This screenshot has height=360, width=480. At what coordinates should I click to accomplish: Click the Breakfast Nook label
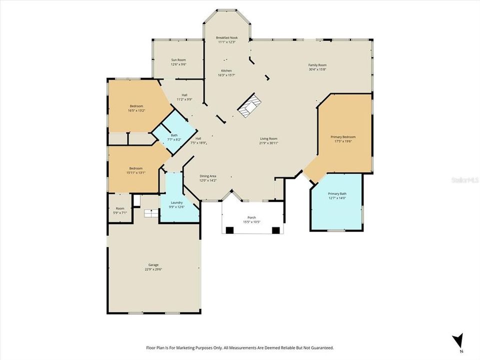point(226,37)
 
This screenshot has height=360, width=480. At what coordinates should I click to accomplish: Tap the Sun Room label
point(178,60)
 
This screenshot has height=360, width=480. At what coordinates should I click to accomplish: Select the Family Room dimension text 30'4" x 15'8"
point(317,69)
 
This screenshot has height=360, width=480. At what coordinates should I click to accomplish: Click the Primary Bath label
point(336,193)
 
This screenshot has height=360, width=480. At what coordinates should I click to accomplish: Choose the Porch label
point(251,217)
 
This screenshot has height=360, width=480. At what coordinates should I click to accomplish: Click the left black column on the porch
point(229,230)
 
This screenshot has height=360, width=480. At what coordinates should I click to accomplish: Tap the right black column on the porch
point(275,230)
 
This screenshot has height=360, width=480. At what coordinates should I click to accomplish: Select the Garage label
point(153,265)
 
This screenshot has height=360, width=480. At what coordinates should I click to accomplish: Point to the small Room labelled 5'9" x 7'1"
point(120,208)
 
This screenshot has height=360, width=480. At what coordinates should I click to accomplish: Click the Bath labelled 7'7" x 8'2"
point(174,135)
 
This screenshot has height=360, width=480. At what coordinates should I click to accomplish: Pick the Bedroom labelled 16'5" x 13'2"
point(136,106)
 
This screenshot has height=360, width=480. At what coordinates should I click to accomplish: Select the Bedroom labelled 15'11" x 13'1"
point(136,168)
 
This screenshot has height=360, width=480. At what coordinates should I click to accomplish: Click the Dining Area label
point(208,176)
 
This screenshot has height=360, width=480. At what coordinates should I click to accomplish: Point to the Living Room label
point(268,138)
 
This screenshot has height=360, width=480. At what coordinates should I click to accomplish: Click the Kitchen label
point(226,71)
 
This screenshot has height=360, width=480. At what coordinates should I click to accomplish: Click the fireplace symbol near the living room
point(249,106)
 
